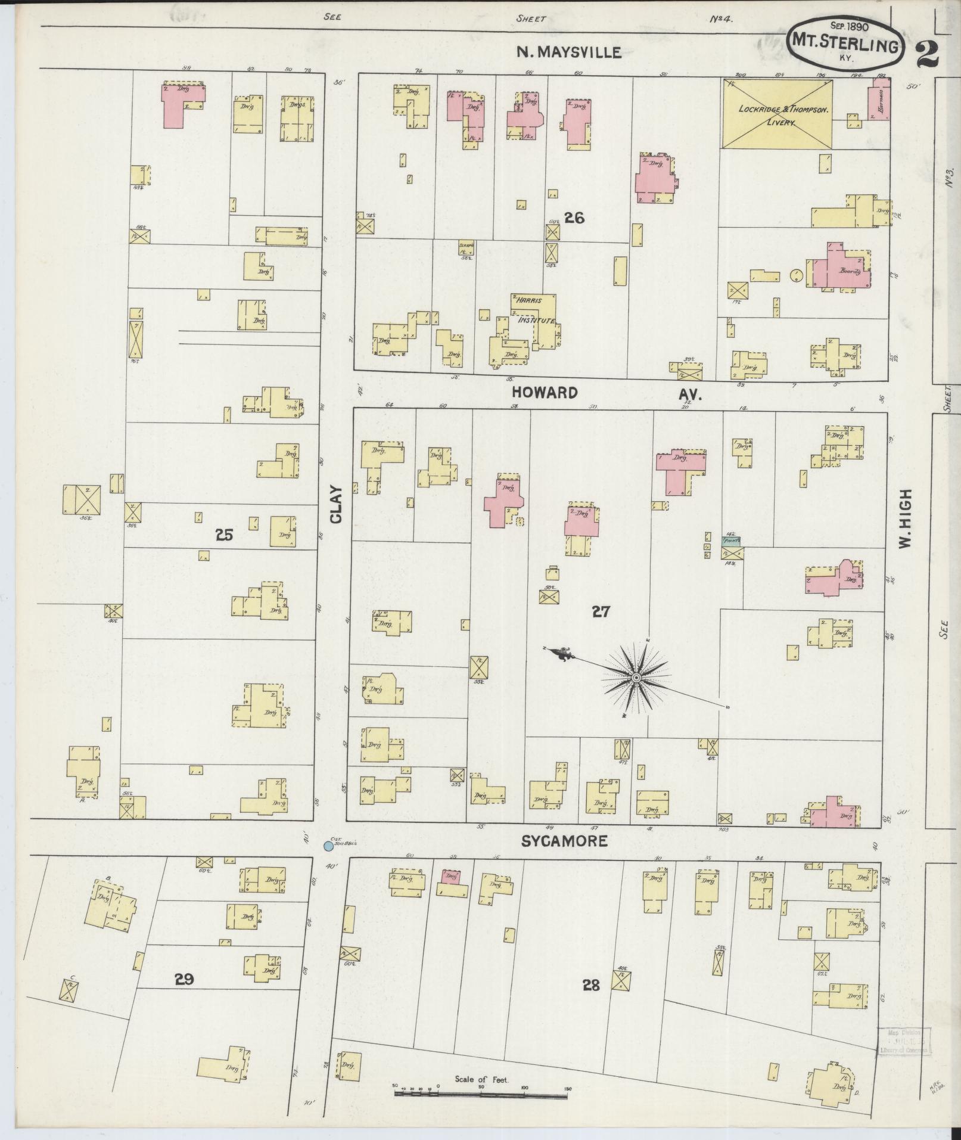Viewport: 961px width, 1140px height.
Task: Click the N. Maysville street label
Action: point(568,52)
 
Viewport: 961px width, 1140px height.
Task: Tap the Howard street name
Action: point(545,393)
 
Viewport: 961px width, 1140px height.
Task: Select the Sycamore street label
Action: point(564,841)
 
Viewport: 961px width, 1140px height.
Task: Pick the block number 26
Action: point(574,218)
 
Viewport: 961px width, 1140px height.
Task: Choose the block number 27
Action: point(601,611)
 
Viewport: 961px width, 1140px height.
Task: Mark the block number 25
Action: point(224,535)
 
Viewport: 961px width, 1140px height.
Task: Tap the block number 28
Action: point(591,985)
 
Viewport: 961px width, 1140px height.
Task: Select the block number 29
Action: point(184,979)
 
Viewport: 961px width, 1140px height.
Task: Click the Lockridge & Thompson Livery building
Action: point(777,114)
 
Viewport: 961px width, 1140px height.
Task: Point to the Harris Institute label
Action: point(534,310)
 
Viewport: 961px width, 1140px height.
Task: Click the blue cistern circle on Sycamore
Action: point(328,846)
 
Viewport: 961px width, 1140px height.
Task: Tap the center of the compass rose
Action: point(636,678)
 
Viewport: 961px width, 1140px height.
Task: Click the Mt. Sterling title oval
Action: point(845,42)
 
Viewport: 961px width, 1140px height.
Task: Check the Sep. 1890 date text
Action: point(849,26)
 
